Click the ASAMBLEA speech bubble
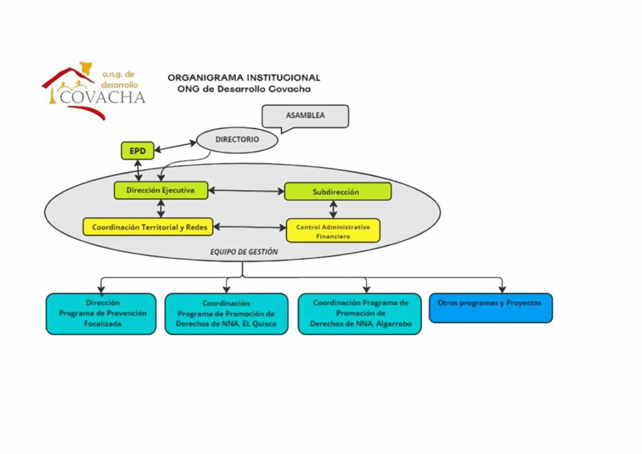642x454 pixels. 305,116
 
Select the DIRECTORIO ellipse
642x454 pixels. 237,140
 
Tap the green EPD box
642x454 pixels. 137,151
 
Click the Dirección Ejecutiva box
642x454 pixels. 160,190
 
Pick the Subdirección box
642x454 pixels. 337,192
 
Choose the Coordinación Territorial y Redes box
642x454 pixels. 149,227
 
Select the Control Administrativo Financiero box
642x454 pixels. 333,230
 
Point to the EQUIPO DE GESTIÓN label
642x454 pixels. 244,252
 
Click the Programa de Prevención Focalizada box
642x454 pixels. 101,313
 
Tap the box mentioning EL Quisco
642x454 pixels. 226,314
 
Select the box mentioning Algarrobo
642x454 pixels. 360,313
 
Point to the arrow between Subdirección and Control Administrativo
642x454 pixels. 334,209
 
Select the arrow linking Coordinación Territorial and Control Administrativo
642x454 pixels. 250,227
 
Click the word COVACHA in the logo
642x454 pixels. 103,97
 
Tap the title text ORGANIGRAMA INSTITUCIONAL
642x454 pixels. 244,78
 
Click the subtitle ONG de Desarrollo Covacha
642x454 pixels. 244,89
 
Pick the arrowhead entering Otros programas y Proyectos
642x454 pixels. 502,289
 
